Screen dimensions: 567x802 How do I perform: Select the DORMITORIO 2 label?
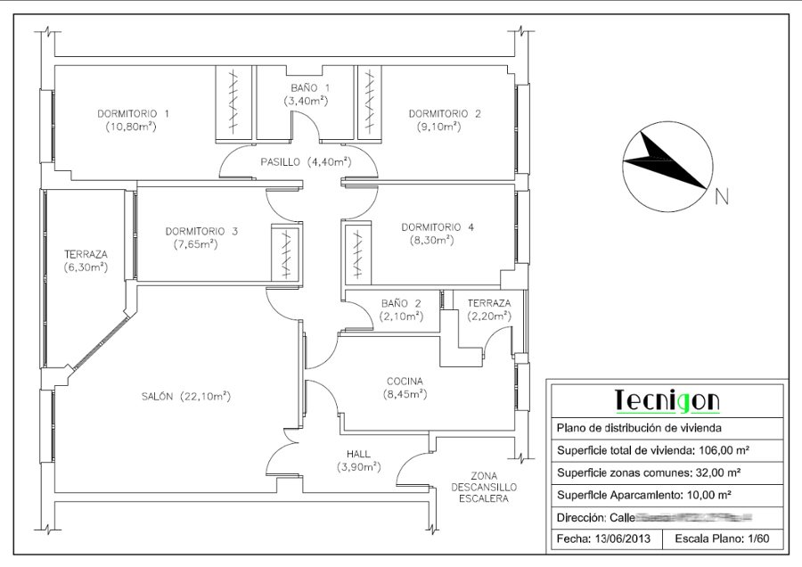coord(445,114)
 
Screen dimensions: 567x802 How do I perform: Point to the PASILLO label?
coord(281,162)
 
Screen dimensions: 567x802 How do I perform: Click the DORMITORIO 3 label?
coord(201,232)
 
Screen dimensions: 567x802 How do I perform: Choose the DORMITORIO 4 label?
coord(438,226)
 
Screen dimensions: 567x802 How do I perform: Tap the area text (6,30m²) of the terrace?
coord(86,267)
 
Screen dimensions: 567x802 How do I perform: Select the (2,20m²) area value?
coord(489,316)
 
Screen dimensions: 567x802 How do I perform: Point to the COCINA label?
coord(405,381)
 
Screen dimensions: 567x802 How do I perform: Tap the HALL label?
coord(358,454)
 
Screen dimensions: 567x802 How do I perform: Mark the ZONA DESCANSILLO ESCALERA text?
coord(483,487)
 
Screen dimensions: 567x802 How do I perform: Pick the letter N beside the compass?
coord(723,198)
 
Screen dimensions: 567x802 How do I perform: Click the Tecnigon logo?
coord(667,400)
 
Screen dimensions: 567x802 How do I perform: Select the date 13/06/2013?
coord(623,539)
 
